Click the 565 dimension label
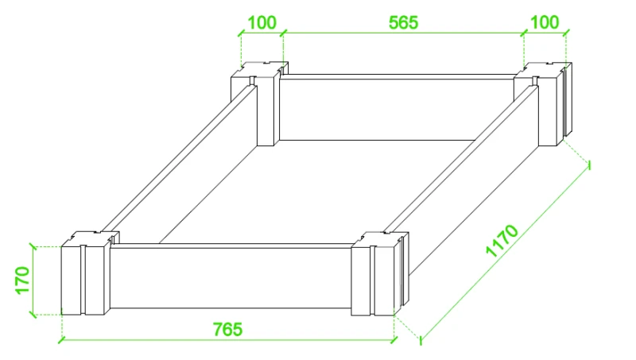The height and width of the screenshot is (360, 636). pyautogui.click(x=403, y=23)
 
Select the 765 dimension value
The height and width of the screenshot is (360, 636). pyautogui.click(x=227, y=329)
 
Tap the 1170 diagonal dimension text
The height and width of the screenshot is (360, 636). pyautogui.click(x=502, y=241)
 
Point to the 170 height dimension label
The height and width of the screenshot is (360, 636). pyautogui.click(x=23, y=281)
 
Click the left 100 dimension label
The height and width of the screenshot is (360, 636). pyautogui.click(x=262, y=23)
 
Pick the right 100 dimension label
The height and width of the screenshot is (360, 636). pyautogui.click(x=545, y=22)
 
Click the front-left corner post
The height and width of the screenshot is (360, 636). pyautogui.click(x=90, y=273)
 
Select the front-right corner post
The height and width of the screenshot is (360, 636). pyautogui.click(x=380, y=273)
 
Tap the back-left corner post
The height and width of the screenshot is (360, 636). pyautogui.click(x=260, y=104)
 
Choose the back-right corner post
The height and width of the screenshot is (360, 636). pyautogui.click(x=543, y=104)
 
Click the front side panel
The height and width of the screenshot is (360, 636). pyautogui.click(x=231, y=276)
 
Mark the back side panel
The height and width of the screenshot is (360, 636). pyautogui.click(x=397, y=108)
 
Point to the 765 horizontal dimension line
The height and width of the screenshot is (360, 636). pyautogui.click(x=227, y=339)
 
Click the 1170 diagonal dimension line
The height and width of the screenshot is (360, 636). pyautogui.click(x=505, y=251)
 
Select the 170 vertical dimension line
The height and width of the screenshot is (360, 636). pyautogui.click(x=33, y=281)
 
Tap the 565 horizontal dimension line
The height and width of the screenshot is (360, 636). pyautogui.click(x=404, y=33)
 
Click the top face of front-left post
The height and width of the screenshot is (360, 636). pyautogui.click(x=90, y=238)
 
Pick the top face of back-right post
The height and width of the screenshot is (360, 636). pyautogui.click(x=544, y=70)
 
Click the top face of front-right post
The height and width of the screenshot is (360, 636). pyautogui.click(x=380, y=239)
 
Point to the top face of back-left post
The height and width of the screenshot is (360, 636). pyautogui.click(x=260, y=69)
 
